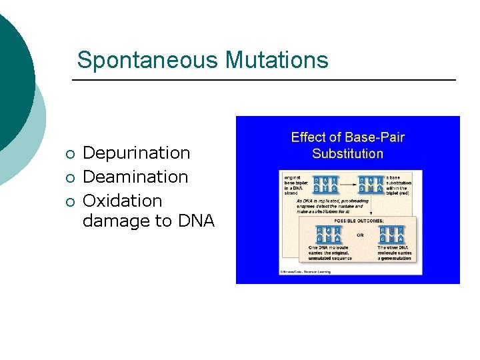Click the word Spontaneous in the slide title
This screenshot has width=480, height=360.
point(148,60)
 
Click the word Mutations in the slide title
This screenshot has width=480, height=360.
point(277,60)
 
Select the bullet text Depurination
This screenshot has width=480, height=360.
point(136,153)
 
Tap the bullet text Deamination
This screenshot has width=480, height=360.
point(135,177)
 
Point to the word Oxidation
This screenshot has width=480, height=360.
point(122,201)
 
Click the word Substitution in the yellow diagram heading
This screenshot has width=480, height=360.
point(347,154)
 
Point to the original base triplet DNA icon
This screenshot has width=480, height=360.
point(325,185)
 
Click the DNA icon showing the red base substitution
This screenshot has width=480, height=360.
point(370,185)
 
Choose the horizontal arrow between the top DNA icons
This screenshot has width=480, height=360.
point(347,185)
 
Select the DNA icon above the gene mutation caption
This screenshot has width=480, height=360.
point(391,234)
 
